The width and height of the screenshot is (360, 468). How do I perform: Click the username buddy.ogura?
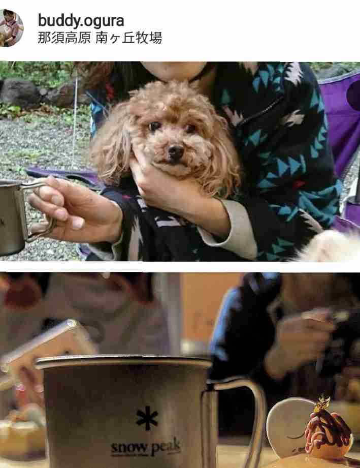pyautogui.click(x=81, y=21)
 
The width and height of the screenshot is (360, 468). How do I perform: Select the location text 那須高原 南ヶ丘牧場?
pyautogui.click(x=100, y=38)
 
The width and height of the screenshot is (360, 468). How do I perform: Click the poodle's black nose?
pyautogui.click(x=176, y=151)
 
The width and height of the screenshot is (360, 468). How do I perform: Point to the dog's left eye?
pyautogui.click(x=190, y=129)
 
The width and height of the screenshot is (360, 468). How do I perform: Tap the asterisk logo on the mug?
pyautogui.click(x=147, y=418)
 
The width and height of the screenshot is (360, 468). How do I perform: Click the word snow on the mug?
pyautogui.click(x=129, y=447)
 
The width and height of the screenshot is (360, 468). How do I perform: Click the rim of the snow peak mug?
pyautogui.click(x=123, y=362)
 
